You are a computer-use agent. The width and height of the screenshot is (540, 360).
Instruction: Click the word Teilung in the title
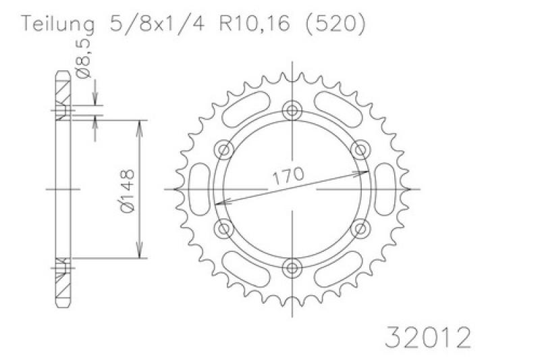(x=57, y=24)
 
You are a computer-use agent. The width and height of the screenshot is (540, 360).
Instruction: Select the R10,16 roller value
(x=254, y=24)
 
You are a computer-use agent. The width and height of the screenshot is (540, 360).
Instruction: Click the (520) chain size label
(x=335, y=24)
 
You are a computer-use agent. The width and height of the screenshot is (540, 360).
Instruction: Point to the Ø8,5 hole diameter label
(x=84, y=58)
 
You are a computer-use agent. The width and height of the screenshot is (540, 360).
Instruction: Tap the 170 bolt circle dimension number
(x=289, y=176)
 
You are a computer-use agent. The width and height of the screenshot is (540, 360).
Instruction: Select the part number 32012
(x=428, y=338)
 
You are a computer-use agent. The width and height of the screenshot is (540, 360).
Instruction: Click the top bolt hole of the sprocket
(x=292, y=111)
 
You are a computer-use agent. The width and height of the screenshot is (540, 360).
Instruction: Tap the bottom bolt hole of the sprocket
(x=292, y=267)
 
